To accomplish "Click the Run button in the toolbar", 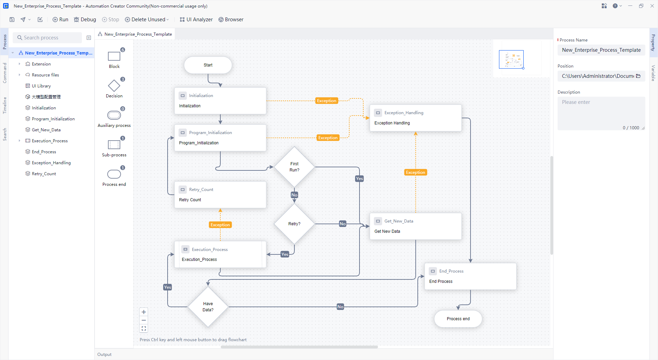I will click(60, 20).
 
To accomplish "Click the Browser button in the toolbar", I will click(231, 20).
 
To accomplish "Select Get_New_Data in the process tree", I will click(46, 130).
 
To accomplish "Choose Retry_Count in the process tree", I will click(44, 174).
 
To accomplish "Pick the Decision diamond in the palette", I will click(114, 86).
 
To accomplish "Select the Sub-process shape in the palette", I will click(114, 145).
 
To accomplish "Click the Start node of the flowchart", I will click(208, 65).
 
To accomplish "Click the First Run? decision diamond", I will click(294, 167).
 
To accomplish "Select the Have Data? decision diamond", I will click(208, 307).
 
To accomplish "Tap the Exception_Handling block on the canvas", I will click(415, 118).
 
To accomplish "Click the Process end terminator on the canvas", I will click(458, 319).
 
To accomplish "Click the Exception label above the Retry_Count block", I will click(220, 225).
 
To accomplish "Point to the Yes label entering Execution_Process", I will click(285, 254).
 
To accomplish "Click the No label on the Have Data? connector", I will click(340, 307).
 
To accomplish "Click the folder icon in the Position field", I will click(638, 76).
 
